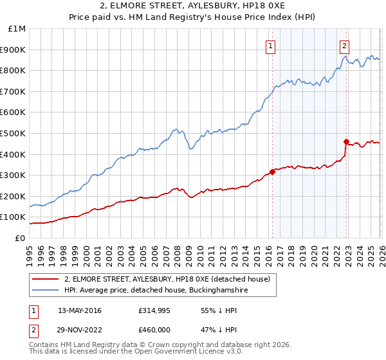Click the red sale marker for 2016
[x=272, y=172]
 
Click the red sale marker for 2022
[x=346, y=141]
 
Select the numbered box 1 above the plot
[x=270, y=46]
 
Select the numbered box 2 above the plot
[x=345, y=46]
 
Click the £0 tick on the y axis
[x=21, y=238]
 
